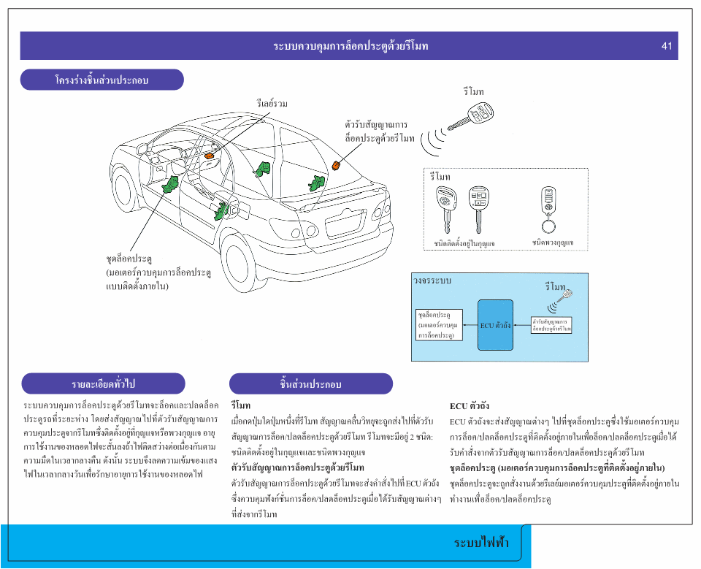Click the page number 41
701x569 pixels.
tap(666, 46)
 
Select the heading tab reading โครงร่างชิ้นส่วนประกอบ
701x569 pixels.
tap(101, 80)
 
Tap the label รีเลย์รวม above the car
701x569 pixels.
tap(272, 104)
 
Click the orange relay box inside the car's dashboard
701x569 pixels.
tap(209, 156)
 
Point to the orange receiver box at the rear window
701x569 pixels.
tap(337, 165)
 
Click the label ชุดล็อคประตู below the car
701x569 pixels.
tap(129, 259)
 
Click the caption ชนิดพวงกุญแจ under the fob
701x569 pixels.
tap(553, 243)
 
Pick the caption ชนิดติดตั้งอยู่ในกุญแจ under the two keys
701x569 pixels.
tap(464, 243)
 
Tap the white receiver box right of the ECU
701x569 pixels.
tap(551, 325)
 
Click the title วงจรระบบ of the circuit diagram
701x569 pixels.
tap(432, 280)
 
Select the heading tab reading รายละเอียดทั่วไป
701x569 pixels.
tap(103, 383)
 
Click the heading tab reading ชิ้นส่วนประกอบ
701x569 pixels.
tap(310, 383)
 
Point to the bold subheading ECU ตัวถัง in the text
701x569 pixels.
tap(469, 406)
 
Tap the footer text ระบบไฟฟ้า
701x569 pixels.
tap(481, 543)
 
